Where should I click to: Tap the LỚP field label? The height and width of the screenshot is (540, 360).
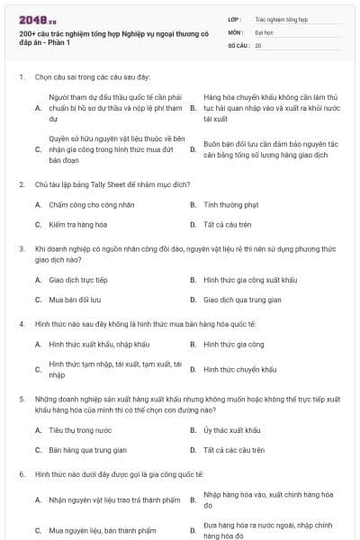[x=236, y=17]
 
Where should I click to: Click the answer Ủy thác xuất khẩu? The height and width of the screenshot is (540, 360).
[x=232, y=430]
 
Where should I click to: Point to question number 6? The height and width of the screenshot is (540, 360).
[x=21, y=473]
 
